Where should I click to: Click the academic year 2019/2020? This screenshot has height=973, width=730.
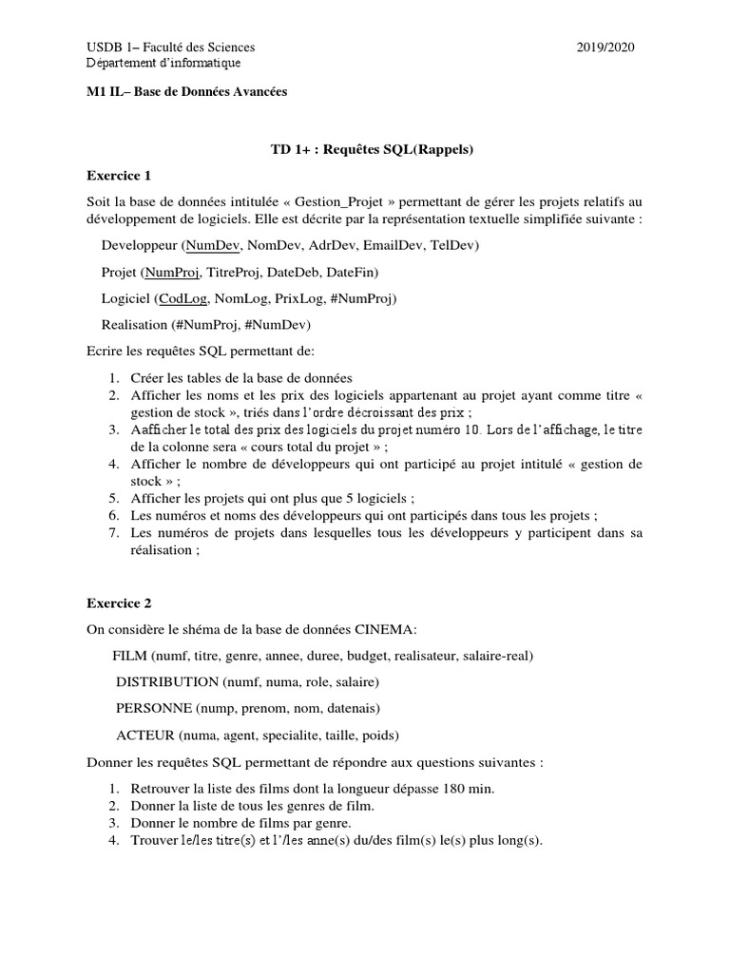click(x=605, y=48)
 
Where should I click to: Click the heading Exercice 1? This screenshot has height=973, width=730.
click(x=119, y=176)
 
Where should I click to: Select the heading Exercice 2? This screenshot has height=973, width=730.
click(x=119, y=603)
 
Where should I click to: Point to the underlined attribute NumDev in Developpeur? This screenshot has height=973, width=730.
click(x=213, y=246)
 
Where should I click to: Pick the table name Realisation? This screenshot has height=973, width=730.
click(x=132, y=325)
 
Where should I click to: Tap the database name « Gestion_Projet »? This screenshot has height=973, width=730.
click(x=319, y=202)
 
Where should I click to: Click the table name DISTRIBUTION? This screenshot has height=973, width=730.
click(x=166, y=682)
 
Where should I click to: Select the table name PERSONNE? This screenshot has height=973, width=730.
click(x=154, y=709)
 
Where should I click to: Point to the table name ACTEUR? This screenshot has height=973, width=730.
click(x=145, y=735)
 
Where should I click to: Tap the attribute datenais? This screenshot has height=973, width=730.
click(x=352, y=709)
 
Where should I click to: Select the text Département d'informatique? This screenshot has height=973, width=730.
click(x=163, y=64)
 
